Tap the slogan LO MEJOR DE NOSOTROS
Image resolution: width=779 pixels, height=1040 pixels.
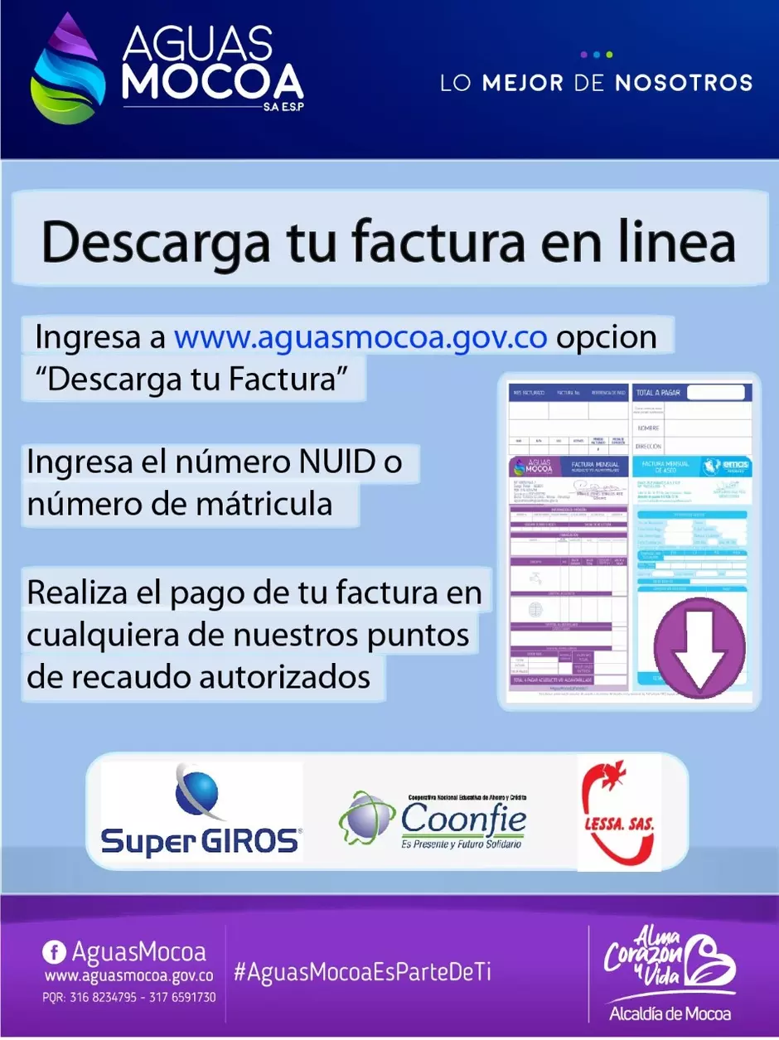click(596, 83)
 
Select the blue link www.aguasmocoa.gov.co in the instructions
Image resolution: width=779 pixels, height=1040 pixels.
click(360, 338)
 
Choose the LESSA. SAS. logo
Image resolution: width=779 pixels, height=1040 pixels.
click(618, 812)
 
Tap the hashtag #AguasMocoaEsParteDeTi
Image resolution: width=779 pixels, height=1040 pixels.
click(363, 972)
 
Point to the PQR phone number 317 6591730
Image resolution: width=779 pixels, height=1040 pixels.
click(182, 998)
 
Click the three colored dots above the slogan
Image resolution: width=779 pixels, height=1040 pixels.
click(596, 55)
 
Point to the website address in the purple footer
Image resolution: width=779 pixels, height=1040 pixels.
click(130, 977)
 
